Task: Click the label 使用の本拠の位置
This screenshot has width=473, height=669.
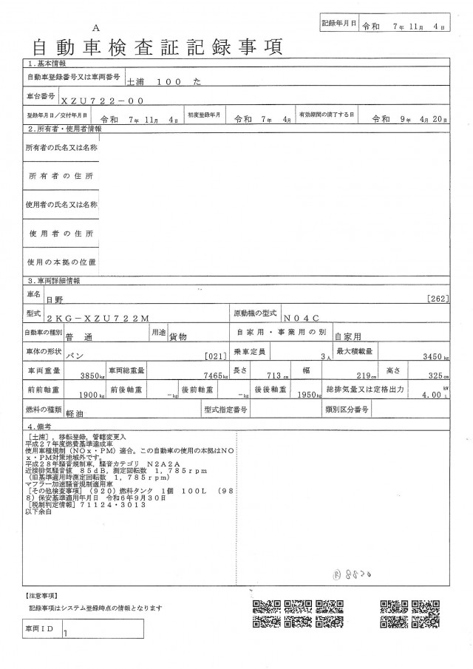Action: tap(61, 262)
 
